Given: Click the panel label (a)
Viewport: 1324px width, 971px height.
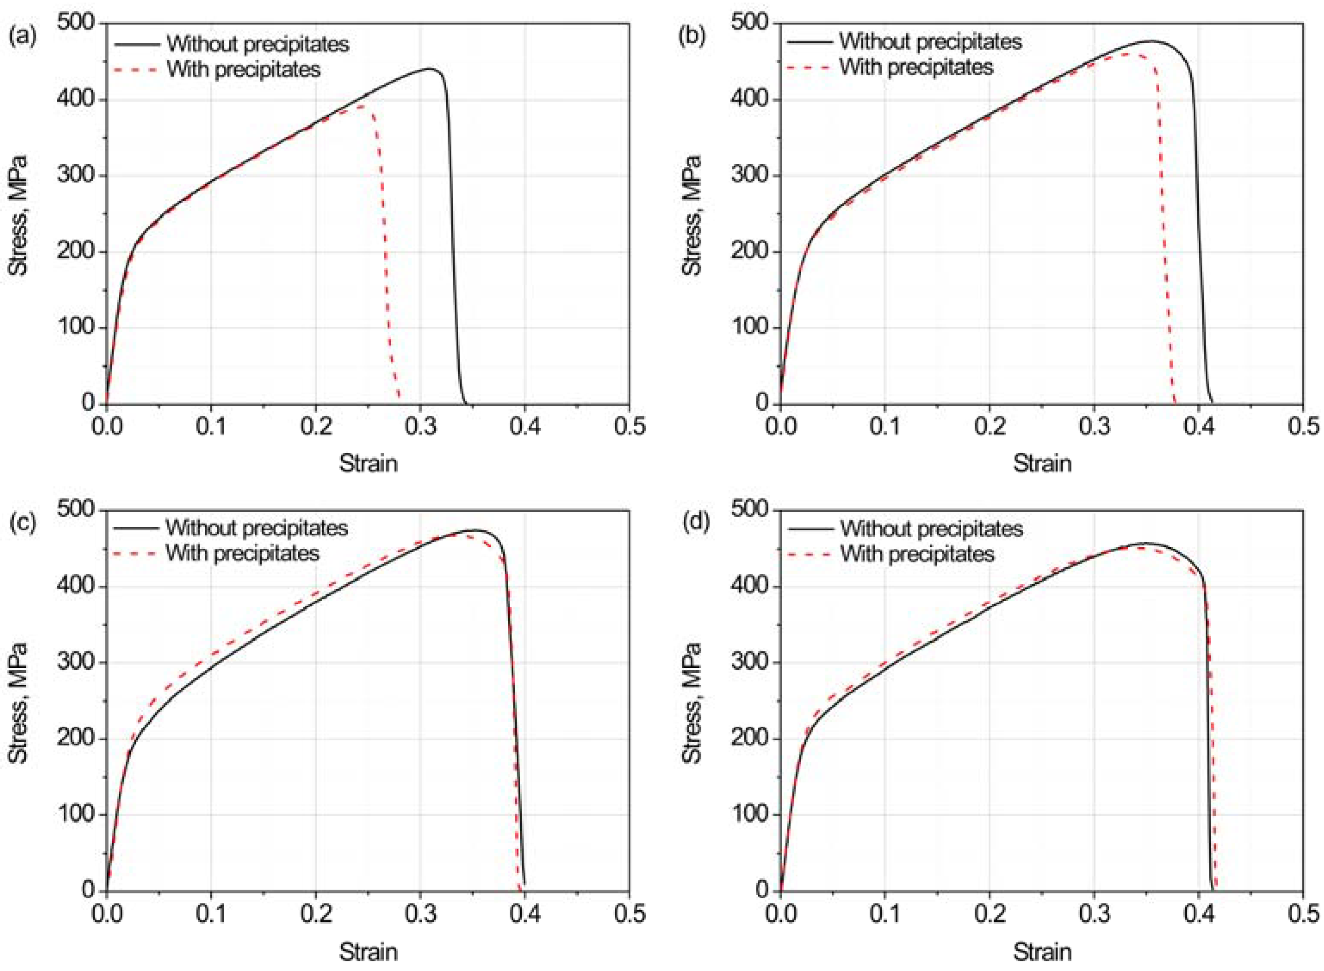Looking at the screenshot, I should [22, 37].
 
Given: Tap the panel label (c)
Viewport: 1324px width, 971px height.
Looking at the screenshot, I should [22, 523].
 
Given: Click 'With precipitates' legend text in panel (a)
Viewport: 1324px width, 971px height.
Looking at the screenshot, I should [243, 69].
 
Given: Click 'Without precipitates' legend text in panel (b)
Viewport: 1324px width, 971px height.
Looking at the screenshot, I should [930, 42].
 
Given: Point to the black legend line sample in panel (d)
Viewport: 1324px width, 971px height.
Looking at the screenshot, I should [810, 529].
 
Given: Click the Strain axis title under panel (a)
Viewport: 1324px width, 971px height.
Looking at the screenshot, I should [368, 464].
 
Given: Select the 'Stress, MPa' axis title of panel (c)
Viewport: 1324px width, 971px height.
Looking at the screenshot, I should [19, 702].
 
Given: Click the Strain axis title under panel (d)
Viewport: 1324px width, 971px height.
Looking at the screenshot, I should [1042, 951].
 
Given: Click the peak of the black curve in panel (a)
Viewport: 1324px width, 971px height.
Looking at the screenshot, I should [431, 69].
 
